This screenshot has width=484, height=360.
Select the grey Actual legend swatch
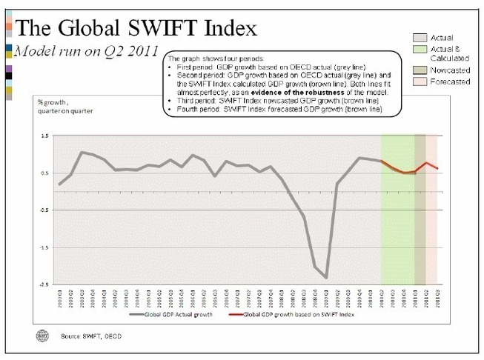click(x=420, y=37)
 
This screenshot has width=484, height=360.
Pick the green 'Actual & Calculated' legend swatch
click(x=420, y=49)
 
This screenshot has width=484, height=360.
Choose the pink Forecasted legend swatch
click(x=420, y=83)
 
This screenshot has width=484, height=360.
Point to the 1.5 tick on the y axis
click(x=44, y=137)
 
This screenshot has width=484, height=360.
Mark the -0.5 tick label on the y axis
click(x=43, y=210)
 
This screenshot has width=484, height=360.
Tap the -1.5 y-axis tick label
click(x=43, y=247)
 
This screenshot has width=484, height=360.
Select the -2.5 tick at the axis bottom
click(x=43, y=284)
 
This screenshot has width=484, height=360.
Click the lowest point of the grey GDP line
click(x=326, y=278)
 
